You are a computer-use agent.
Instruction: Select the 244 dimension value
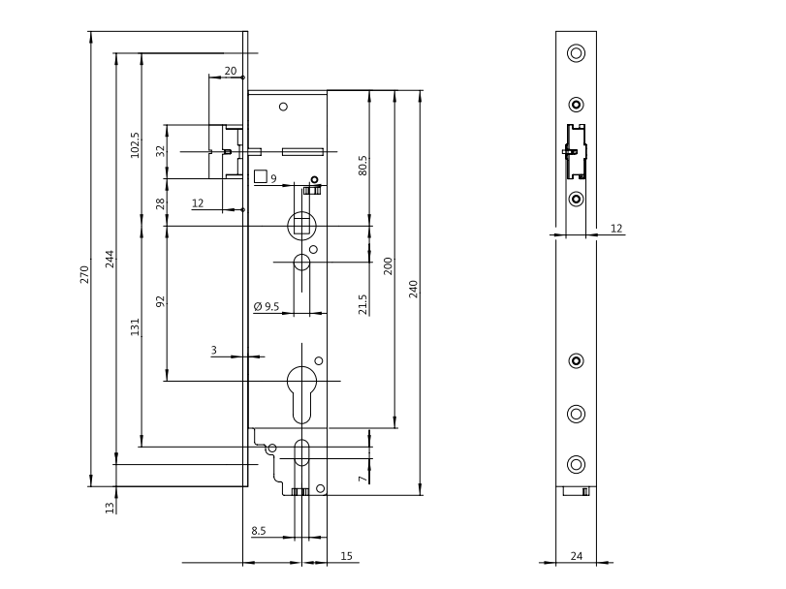(110, 259)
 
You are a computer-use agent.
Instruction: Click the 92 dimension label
(161, 301)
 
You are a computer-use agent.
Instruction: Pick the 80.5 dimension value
(362, 165)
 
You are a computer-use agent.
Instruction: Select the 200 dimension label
(388, 265)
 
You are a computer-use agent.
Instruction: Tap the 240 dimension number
(413, 289)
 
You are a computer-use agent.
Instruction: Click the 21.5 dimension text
(362, 303)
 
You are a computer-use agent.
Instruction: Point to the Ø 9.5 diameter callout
(267, 306)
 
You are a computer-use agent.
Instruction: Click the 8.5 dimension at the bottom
(260, 530)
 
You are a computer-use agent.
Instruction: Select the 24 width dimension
(577, 556)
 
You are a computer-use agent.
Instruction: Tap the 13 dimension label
(110, 506)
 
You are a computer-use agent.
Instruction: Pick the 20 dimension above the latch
(230, 71)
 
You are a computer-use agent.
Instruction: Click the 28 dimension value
(161, 202)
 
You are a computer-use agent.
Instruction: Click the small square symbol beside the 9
(260, 177)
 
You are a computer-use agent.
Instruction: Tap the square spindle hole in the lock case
(300, 226)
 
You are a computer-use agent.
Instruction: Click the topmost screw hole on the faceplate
(577, 52)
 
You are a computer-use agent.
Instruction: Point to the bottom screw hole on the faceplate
(577, 463)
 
